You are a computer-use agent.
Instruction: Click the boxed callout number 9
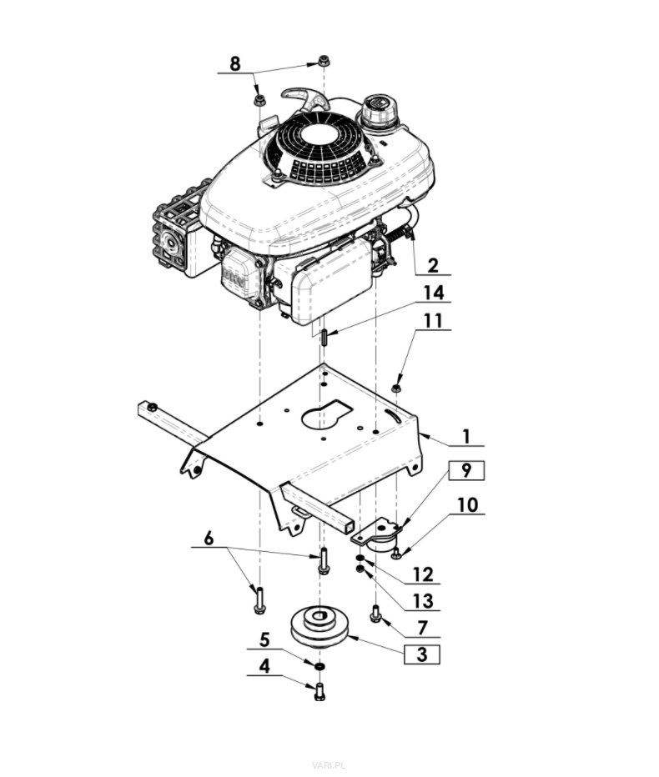click(x=466, y=470)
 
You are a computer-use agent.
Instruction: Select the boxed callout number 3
click(x=422, y=654)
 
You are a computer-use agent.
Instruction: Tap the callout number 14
click(x=433, y=293)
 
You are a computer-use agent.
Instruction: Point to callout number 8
click(x=234, y=63)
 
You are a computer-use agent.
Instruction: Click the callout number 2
click(x=433, y=265)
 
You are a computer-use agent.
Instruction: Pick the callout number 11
click(x=432, y=320)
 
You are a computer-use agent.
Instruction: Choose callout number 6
click(x=209, y=539)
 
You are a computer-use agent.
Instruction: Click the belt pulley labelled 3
click(x=319, y=626)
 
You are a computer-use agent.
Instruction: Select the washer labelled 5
click(x=319, y=664)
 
